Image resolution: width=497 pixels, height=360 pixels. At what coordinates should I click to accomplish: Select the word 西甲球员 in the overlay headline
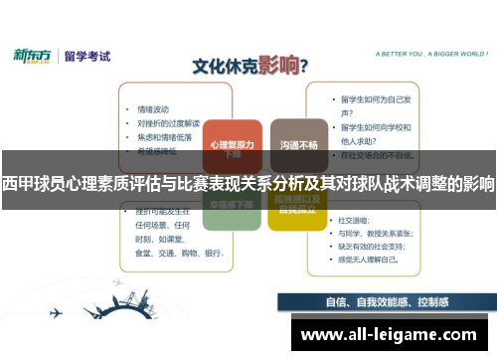pos(31,184)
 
